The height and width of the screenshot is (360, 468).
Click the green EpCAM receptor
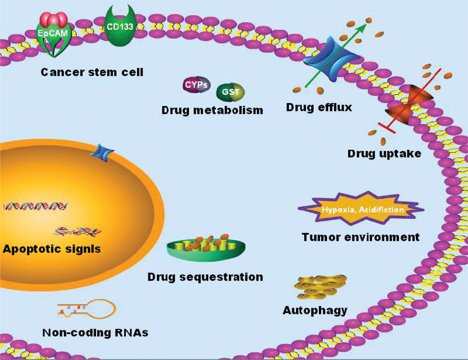coord(53,40)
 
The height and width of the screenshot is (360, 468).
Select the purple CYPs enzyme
coord(196,85)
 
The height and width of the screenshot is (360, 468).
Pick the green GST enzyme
coord(230,92)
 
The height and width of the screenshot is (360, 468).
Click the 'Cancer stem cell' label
coord(92,72)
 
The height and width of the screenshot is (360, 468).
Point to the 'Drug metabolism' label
coord(212,110)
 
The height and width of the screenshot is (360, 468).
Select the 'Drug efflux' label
coord(319,107)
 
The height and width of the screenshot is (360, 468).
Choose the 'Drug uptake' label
coord(384,154)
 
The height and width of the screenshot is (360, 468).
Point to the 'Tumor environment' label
coord(360,237)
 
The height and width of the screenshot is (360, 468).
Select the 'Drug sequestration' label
coord(205,276)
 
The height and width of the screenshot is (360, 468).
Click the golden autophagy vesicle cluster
coord(320,286)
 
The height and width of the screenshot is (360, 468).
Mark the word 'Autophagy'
coord(315,310)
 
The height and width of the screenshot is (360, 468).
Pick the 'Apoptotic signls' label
coord(51,248)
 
